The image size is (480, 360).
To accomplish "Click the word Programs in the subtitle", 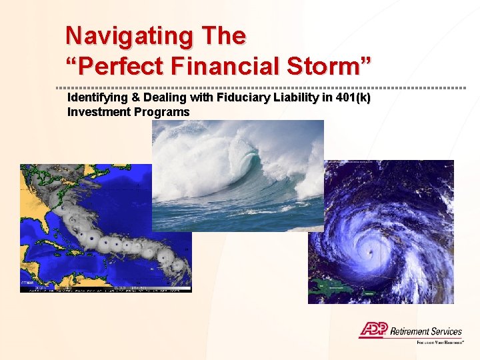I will click(162, 111).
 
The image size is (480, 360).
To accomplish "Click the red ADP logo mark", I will click(373, 330).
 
